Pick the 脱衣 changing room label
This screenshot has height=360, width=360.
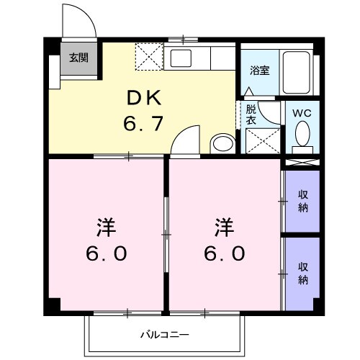pos(251,115)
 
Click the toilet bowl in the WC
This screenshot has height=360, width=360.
pos(303,134)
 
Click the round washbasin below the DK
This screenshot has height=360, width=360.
pos(222,143)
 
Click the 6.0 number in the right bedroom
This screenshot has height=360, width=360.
pos(224,253)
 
